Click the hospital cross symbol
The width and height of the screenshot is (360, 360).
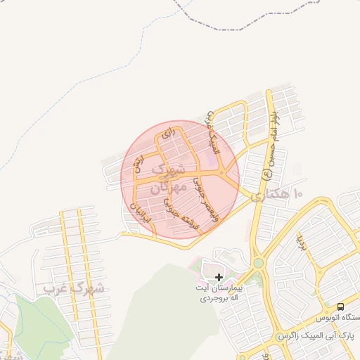click(219, 278)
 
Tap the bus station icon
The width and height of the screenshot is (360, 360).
click(341, 307)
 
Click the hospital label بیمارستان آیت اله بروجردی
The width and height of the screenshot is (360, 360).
click(219, 294)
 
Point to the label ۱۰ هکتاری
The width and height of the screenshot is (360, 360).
click(278, 192)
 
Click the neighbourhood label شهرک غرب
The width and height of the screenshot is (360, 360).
click(74, 288)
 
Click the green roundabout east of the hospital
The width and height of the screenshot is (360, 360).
click(259, 264)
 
